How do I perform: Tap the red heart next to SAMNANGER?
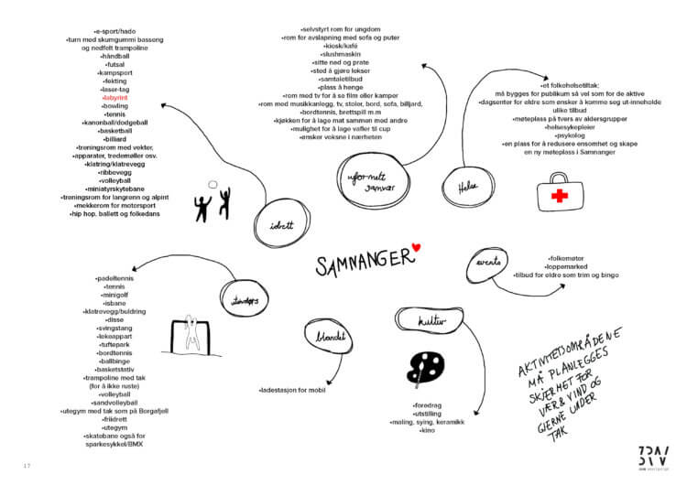(416, 246)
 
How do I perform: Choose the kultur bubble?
(427, 322)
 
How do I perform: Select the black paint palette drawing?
(424, 368)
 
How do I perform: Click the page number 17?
(27, 466)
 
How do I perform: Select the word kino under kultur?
(427, 430)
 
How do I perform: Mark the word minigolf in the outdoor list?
(115, 295)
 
